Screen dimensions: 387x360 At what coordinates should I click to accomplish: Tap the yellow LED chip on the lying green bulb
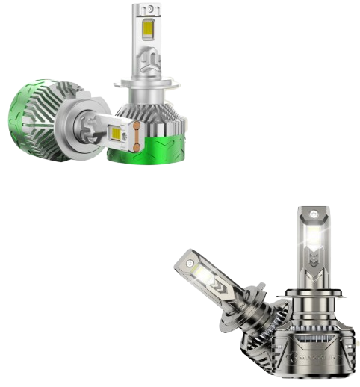point(117,136)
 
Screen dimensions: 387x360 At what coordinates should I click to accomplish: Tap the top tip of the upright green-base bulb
point(146,7)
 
